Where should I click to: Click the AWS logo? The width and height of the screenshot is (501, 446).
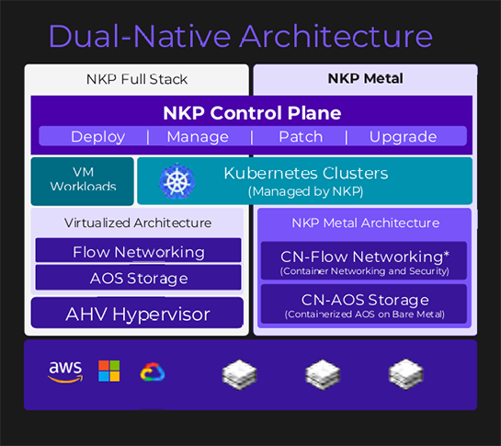pyautogui.click(x=65, y=372)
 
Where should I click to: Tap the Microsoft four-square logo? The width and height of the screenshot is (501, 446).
pyautogui.click(x=109, y=371)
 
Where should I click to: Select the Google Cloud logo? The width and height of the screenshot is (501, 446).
pyautogui.click(x=153, y=372)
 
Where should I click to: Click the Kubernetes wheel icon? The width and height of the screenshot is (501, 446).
pyautogui.click(x=176, y=181)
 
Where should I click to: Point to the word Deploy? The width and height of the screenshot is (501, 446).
pyautogui.click(x=97, y=137)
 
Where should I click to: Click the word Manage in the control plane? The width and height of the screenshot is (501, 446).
pyautogui.click(x=198, y=137)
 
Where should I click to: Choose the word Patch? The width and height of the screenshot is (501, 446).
pyautogui.click(x=301, y=136)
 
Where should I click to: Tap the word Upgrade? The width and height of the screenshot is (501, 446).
pyautogui.click(x=403, y=137)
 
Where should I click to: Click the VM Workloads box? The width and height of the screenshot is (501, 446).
pyautogui.click(x=83, y=181)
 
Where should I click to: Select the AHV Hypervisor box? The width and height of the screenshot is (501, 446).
pyautogui.click(x=137, y=313)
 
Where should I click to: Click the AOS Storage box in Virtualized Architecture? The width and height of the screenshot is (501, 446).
pyautogui.click(x=139, y=278)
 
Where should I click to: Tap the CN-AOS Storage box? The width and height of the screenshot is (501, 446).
pyautogui.click(x=364, y=304)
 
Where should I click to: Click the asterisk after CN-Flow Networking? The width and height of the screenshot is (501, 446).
pyautogui.click(x=447, y=254)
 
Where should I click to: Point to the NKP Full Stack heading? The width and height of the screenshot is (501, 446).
pyautogui.click(x=137, y=79)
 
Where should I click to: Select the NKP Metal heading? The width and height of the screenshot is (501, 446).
pyautogui.click(x=366, y=78)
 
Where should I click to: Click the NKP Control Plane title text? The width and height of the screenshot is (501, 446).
pyautogui.click(x=252, y=113)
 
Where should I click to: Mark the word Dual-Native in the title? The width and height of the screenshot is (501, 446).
pyautogui.click(x=140, y=36)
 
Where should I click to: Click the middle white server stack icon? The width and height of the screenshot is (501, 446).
pyautogui.click(x=323, y=374)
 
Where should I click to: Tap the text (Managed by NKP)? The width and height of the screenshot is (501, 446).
pyautogui.click(x=306, y=191)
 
